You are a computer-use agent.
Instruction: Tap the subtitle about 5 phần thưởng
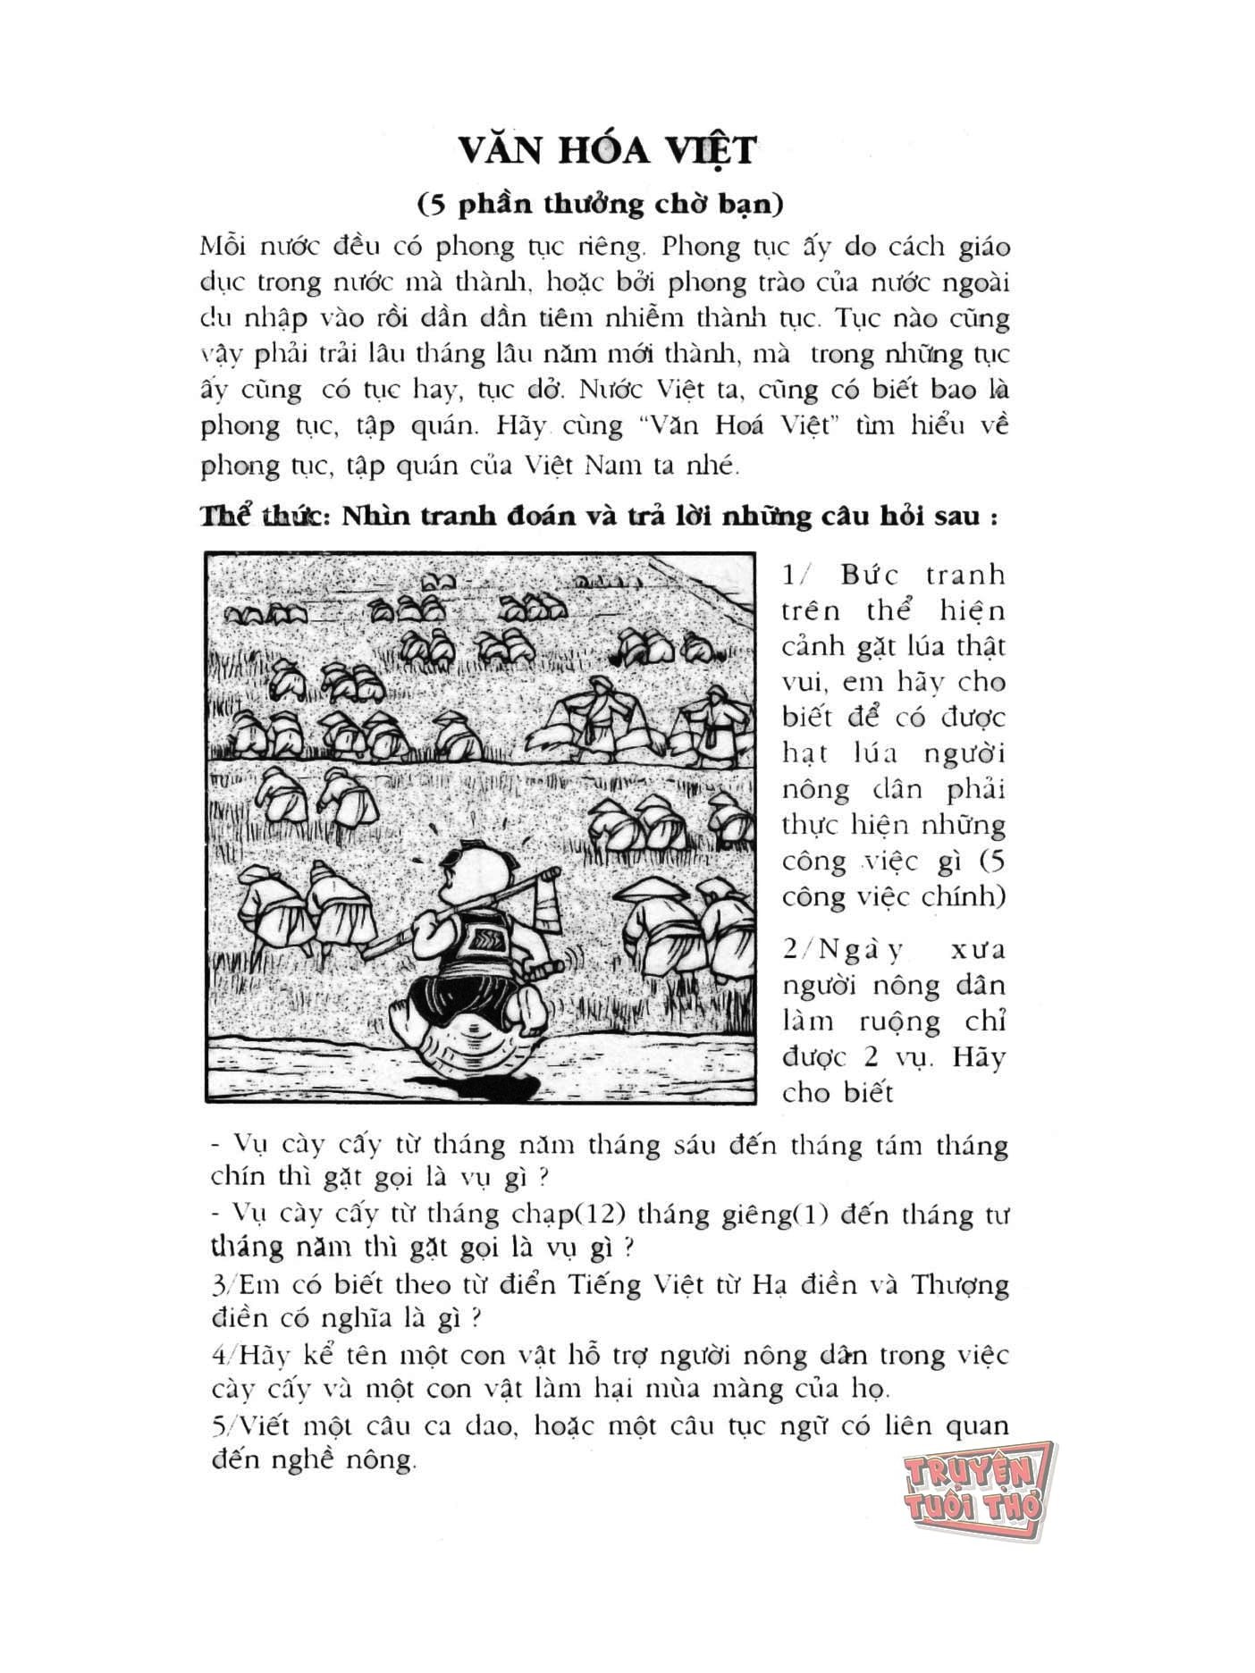[601, 204]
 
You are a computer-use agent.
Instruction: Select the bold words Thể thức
[258, 517]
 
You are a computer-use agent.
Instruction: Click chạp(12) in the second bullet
[543, 1215]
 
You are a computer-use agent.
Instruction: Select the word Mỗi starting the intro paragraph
[223, 247]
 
